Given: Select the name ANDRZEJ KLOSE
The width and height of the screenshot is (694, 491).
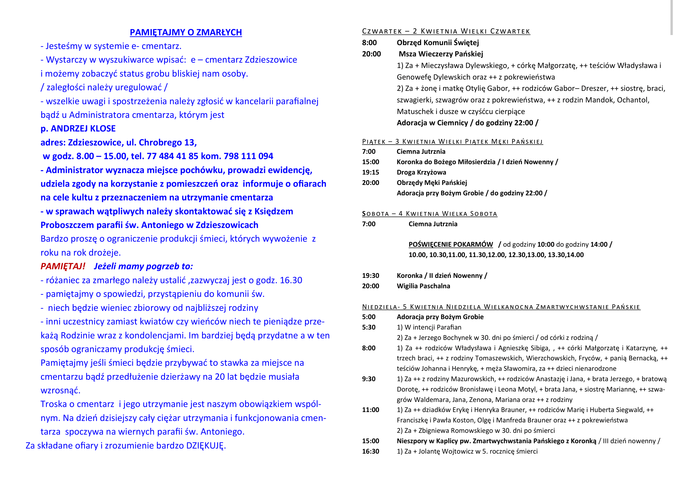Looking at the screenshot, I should pos(83,129).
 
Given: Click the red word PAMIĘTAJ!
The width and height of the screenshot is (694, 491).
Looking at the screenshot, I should pos(63,266).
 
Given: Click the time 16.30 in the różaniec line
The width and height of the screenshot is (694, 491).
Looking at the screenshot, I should pos(291,280).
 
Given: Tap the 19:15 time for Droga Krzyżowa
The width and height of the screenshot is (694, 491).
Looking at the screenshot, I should pos(371,172).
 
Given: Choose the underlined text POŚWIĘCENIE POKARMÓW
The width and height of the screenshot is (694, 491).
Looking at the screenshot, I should pos(450,244).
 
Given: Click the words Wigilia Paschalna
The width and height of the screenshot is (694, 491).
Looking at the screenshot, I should pos(423,286).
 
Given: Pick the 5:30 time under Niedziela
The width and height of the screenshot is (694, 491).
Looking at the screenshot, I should pos(369,327).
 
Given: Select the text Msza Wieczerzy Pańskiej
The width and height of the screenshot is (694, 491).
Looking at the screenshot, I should pos(441,54).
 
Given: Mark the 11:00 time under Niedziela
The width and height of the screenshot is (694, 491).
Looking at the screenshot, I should pos(371,410).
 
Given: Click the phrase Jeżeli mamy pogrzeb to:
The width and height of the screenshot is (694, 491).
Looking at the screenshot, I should pos(143,266).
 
